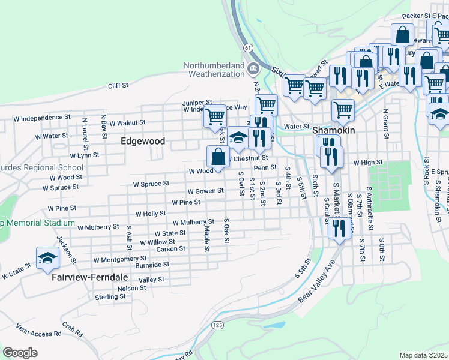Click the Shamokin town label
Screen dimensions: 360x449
point(334,130)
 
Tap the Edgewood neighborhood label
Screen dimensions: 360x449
point(143,142)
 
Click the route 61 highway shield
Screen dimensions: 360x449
point(247,47)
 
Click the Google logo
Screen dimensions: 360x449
point(20,352)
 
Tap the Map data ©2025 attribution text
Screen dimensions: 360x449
point(423,355)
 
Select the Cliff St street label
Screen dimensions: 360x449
point(118,86)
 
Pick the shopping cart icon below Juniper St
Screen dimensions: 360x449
point(214,116)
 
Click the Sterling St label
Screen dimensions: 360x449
point(110,296)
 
